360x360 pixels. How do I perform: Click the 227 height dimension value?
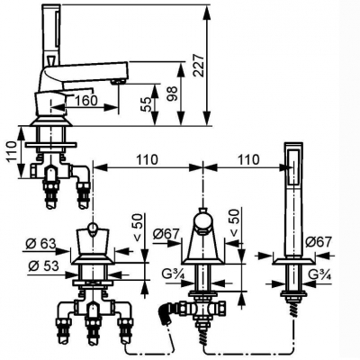[x=200, y=66]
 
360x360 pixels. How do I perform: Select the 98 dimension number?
[x=173, y=94]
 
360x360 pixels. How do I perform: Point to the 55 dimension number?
[x=147, y=104]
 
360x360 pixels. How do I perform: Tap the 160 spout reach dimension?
[x=85, y=101]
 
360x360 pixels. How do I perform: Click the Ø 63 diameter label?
[x=40, y=245]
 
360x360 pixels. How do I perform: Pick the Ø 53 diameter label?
[x=42, y=266]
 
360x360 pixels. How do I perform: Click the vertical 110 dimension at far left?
[x=12, y=152]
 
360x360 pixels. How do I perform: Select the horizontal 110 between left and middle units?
[x=148, y=159]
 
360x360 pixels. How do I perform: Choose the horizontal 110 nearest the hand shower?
[x=248, y=159]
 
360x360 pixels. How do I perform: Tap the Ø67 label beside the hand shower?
[x=319, y=242]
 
